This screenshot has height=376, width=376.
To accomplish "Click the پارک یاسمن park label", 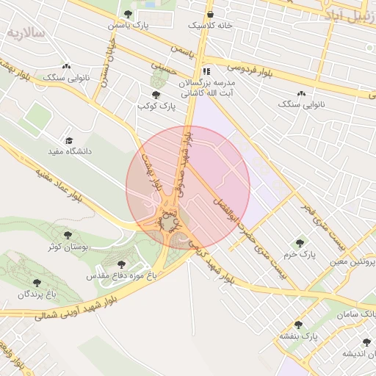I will pos(129,25).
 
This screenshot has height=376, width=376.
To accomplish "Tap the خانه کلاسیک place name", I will pos(210,25).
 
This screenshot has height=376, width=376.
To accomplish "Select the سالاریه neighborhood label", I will pos(26,33).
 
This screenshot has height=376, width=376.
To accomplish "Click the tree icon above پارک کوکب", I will pos(155,95).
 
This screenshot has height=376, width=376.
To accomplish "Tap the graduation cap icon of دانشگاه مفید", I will pos(69,140).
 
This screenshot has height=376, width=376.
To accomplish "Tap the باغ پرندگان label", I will pos(37,294).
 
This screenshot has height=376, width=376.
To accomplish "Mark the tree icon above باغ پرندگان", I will pos(37,283).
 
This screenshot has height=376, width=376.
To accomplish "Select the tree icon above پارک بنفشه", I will pos(298,325).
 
